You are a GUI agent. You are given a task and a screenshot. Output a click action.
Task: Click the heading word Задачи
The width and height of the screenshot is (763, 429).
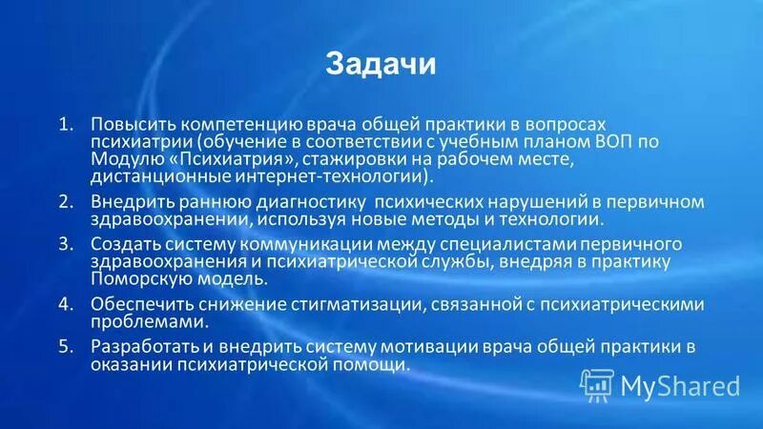[381, 64]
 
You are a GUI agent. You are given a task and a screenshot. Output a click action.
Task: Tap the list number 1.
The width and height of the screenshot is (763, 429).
[64, 125]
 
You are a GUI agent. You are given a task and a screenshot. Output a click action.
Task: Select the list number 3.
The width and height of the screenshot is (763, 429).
[64, 243]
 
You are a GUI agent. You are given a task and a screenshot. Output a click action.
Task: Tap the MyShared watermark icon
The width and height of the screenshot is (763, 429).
[597, 384]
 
